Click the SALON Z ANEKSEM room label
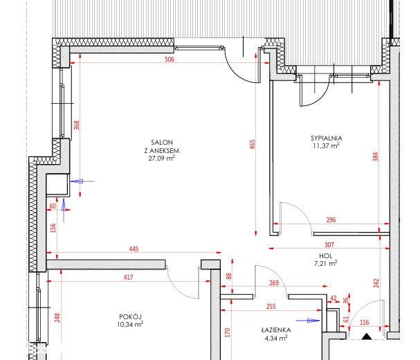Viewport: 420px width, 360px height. [162, 146]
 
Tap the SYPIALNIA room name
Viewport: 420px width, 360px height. [327, 138]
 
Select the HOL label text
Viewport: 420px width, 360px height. [325, 255]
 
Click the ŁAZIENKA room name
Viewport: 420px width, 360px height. [276, 330]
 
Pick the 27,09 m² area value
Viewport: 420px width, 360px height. [162, 158]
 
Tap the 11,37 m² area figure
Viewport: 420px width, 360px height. [327, 146]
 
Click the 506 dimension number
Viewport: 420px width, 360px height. [170, 60]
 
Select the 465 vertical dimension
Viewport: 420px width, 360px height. [253, 144]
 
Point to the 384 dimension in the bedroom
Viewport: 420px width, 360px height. [376, 156]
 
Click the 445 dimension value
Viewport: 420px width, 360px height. [134, 249]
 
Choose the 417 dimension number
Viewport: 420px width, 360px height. [129, 277]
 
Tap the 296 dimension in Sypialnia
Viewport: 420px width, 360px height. [331, 219]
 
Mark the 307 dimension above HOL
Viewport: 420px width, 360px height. [329, 245]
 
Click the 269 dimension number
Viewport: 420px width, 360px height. [274, 282]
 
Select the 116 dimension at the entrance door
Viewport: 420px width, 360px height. [364, 323]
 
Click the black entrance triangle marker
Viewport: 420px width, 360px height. [367, 336]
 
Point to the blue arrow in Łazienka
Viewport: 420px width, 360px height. [308, 321]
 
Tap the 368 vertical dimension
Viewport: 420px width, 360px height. [77, 125]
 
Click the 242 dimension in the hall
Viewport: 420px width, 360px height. [376, 283]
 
